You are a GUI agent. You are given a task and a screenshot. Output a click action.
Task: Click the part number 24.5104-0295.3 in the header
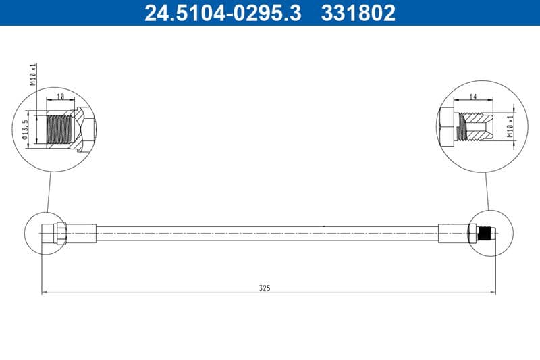223,13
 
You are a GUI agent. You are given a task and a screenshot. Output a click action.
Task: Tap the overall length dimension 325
265,288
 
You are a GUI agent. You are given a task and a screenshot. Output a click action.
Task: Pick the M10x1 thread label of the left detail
32,74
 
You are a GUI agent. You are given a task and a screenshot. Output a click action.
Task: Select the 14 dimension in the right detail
473,97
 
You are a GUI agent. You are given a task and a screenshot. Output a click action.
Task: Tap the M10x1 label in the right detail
511,126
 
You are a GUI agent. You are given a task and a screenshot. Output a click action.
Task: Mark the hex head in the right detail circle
447,126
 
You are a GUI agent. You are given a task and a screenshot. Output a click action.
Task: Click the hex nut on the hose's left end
59,233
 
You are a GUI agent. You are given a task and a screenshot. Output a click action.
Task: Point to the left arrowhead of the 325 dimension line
45,292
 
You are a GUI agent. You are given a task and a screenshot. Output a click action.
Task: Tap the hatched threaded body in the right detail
475,126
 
